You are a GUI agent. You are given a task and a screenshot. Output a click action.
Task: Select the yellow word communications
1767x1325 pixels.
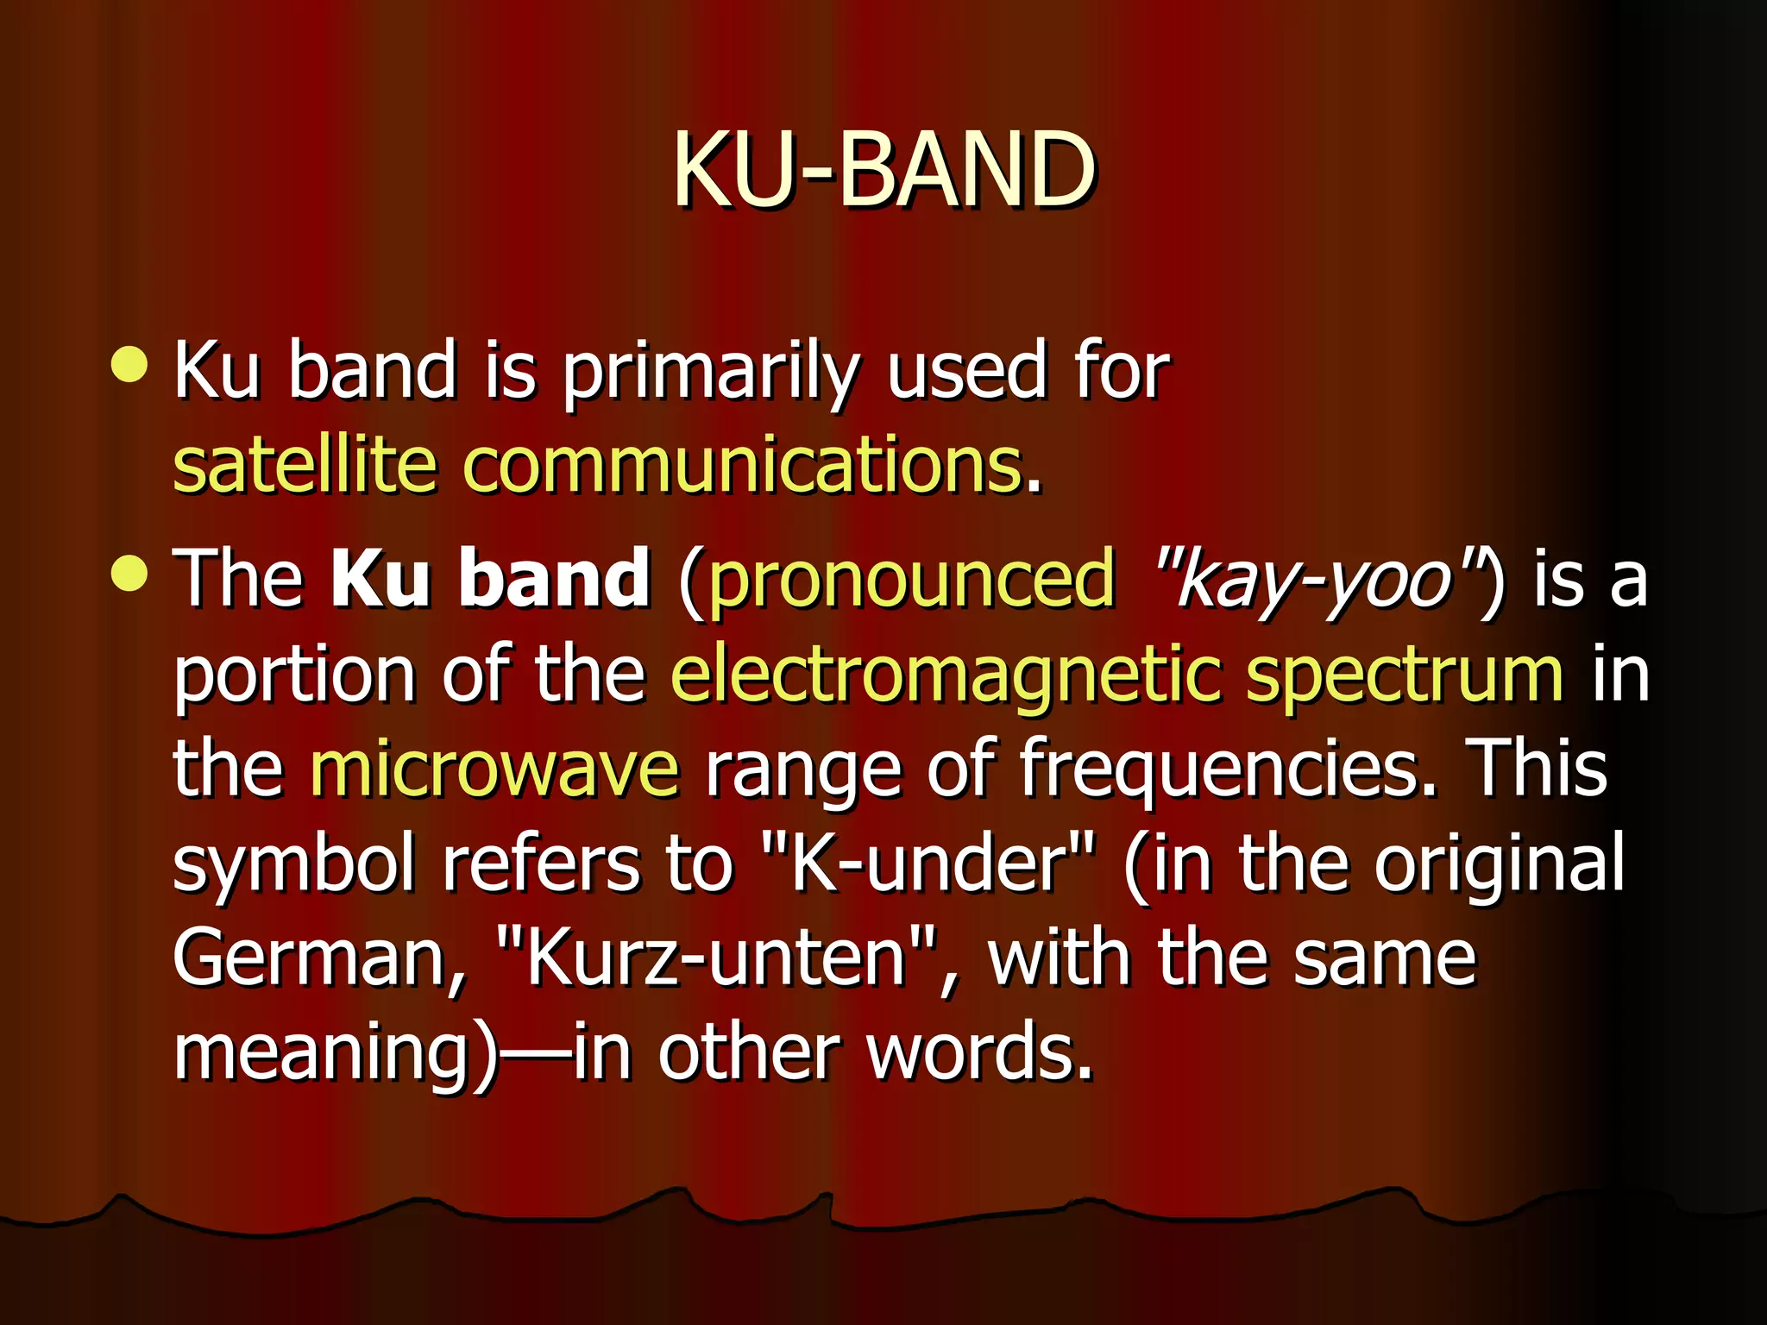coord(743,466)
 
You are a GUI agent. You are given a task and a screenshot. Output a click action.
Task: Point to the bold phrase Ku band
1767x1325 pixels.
coord(490,578)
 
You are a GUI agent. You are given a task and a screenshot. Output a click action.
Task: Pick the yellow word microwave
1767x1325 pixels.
coord(494,769)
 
